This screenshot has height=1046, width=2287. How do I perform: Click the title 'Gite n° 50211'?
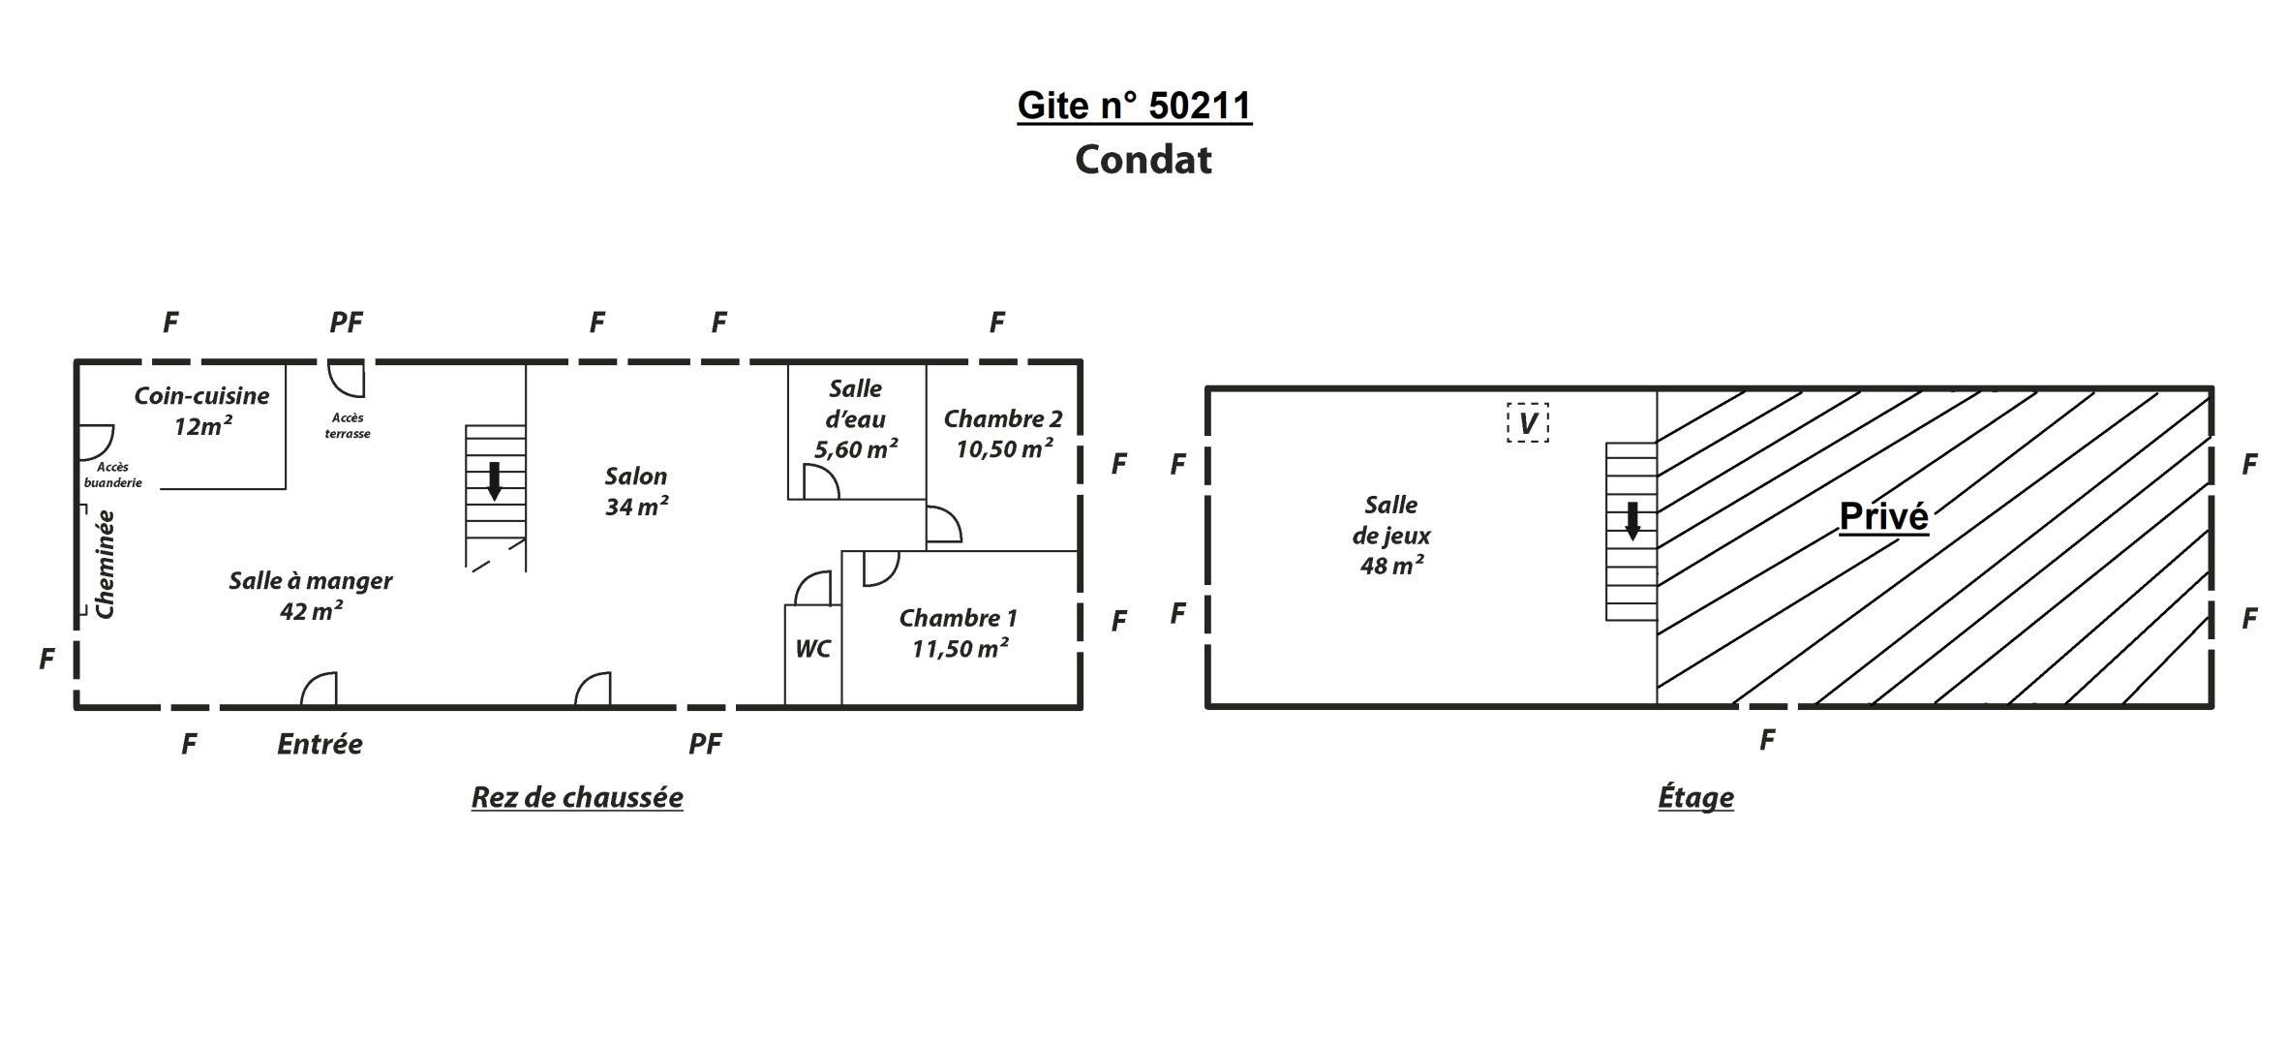(x=1134, y=106)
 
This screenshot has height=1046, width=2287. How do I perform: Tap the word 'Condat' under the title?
(x=1143, y=160)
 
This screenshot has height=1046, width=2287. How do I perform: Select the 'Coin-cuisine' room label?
(x=201, y=396)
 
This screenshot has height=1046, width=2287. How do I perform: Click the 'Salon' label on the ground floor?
(x=636, y=477)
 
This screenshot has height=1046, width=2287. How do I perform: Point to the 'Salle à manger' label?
(x=311, y=581)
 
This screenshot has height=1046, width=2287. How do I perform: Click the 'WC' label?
(x=813, y=649)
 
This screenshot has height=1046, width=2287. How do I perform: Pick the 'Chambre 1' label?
(x=958, y=618)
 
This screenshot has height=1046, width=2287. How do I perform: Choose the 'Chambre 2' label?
(x=1003, y=419)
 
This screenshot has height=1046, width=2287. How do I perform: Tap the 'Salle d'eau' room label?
(x=856, y=405)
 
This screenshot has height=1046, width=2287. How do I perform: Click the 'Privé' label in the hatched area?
(x=1883, y=516)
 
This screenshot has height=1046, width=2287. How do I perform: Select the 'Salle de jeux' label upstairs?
(x=1391, y=520)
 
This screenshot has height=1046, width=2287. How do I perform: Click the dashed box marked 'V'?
(x=1528, y=423)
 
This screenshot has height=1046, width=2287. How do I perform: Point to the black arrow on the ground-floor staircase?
(x=494, y=481)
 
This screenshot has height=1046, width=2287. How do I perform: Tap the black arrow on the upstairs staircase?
(x=1632, y=521)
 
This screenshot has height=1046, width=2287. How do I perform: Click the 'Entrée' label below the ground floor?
(x=320, y=745)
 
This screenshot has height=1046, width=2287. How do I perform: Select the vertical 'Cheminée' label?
(x=106, y=565)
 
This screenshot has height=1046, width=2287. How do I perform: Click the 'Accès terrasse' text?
(x=348, y=426)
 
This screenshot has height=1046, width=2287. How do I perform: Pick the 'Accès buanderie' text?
(x=113, y=476)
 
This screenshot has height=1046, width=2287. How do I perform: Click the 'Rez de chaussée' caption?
(x=577, y=797)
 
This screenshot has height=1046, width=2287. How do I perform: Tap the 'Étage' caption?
(x=1695, y=797)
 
